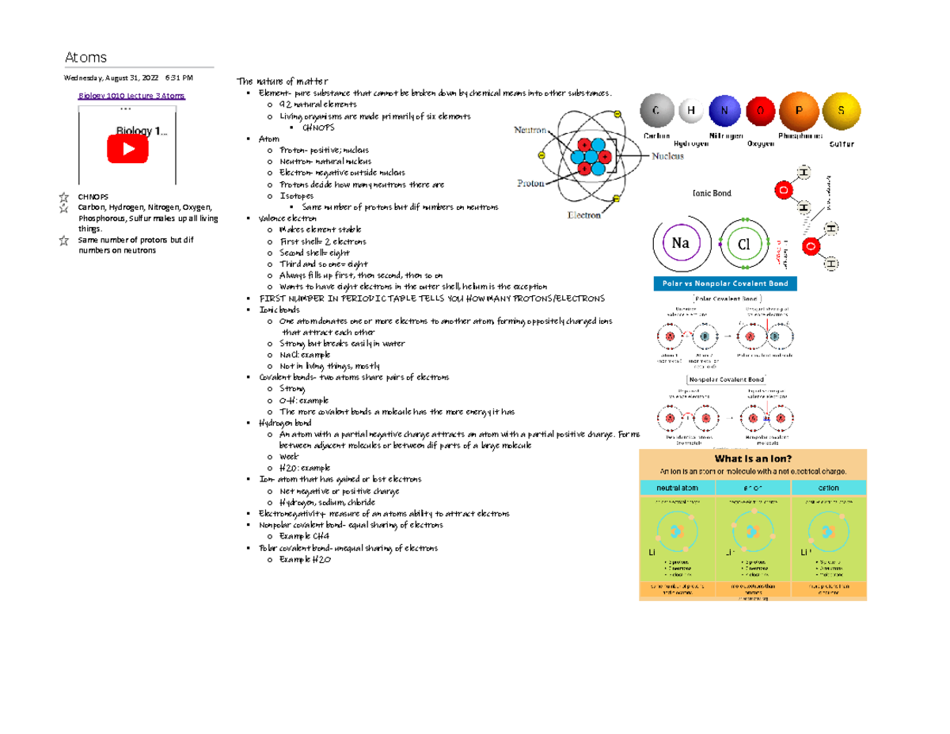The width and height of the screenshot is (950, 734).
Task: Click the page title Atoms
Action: coord(85,57)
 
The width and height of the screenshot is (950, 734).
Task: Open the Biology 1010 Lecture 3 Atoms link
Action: coord(131,96)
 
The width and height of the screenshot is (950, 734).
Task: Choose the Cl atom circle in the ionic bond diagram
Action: coord(744,245)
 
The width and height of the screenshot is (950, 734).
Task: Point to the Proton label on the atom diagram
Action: coord(530,181)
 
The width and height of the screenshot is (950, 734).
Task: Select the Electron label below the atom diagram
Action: coord(583,214)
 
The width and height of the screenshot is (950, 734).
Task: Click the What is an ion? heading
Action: coord(753,458)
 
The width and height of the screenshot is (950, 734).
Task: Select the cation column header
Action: coord(828,488)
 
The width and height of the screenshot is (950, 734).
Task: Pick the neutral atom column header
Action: coord(677,488)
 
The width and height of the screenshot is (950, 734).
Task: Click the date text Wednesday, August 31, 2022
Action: coord(112,78)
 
